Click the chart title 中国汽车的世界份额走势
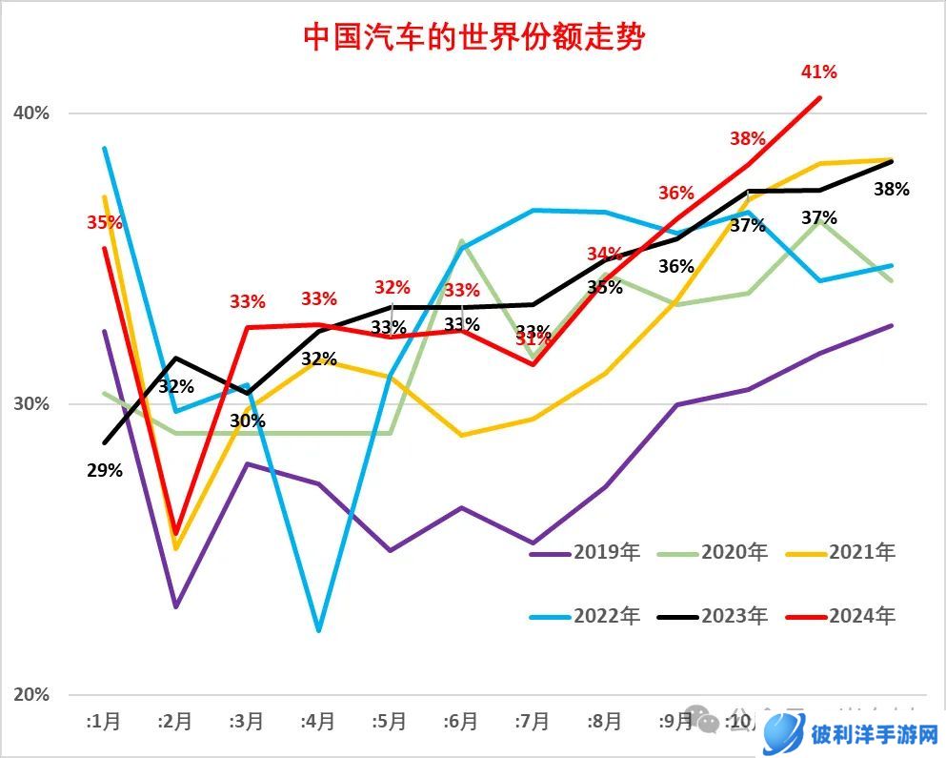pos(473,37)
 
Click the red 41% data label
pos(818,72)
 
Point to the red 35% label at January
pos(105,223)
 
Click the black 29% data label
pos(104,470)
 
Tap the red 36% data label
pos(676,194)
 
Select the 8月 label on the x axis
pos(604,722)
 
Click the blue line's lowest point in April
pos(318,630)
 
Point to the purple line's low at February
pos(176,606)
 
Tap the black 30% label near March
pos(248,420)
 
